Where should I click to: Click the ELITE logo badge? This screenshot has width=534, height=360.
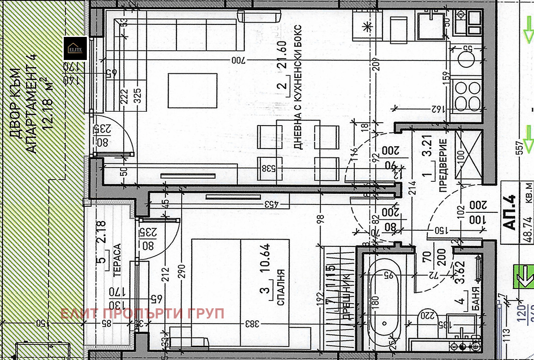(75, 48)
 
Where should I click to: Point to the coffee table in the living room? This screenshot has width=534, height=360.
(192, 90)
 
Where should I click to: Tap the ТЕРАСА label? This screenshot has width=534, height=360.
(117, 260)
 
